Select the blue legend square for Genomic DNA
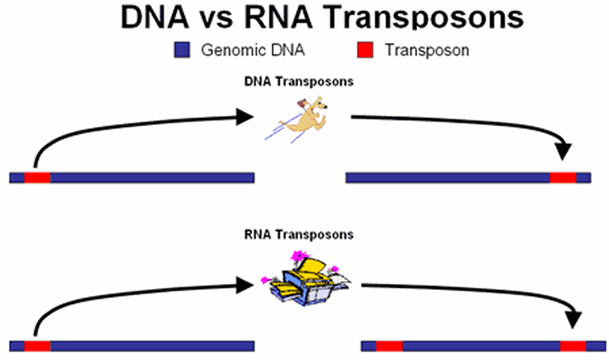click(x=182, y=50)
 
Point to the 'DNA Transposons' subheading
click(x=298, y=81)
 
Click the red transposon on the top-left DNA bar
click(x=37, y=177)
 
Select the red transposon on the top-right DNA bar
click(x=562, y=177)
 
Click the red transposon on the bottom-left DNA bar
click(x=37, y=345)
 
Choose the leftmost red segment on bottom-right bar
click(x=389, y=345)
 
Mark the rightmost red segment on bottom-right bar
click(x=573, y=345)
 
